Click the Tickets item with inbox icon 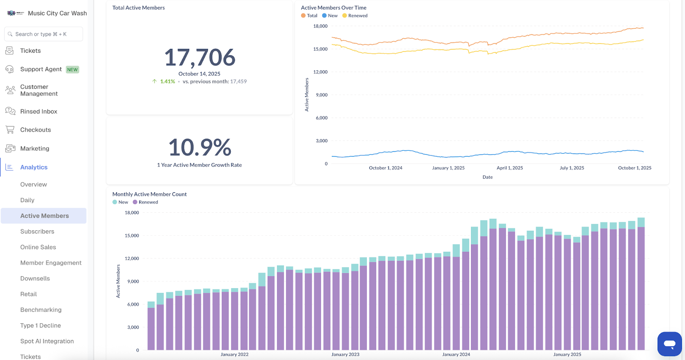click(30, 51)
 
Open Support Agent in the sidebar click(41, 69)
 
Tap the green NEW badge click(72, 70)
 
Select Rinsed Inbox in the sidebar click(39, 111)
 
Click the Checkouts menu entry click(35, 130)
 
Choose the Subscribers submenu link click(37, 232)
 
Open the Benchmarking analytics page click(41, 310)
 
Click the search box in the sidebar click(43, 34)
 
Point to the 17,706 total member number click(200, 57)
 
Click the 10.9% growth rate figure click(200, 147)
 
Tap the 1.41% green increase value click(167, 81)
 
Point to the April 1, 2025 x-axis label click(509, 168)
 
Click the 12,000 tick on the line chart click(320, 72)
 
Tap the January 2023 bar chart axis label click(345, 354)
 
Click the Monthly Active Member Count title click(149, 194)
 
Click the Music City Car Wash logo click(15, 13)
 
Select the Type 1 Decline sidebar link click(40, 325)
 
